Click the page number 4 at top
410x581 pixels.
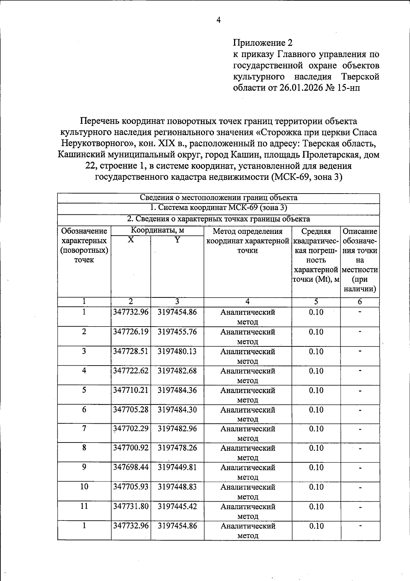click(x=219, y=20)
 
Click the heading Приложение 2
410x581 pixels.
click(x=263, y=43)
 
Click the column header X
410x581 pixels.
click(x=131, y=240)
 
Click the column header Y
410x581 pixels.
click(x=177, y=240)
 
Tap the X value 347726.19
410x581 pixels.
click(x=131, y=332)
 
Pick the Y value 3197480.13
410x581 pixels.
click(x=177, y=351)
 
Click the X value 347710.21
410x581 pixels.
click(x=131, y=390)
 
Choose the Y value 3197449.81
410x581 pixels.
click(x=177, y=467)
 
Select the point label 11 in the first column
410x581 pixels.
click(x=84, y=506)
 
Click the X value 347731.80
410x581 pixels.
click(x=131, y=506)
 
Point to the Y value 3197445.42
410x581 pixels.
click(x=177, y=506)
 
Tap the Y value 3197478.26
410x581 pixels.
click(x=177, y=448)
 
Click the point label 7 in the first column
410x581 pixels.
click(x=84, y=428)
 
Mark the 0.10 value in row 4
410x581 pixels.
click(x=316, y=371)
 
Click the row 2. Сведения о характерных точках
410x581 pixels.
click(x=219, y=219)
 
